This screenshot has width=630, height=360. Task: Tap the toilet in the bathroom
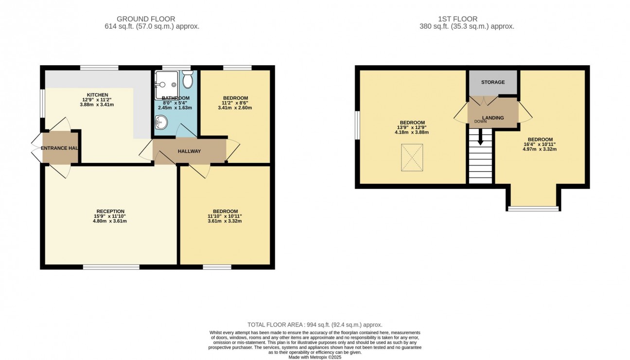click(x=188, y=80)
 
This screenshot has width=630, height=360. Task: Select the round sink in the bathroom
click(x=161, y=124)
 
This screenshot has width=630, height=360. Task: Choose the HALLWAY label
click(x=189, y=151)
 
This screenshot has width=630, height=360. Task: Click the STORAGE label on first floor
click(x=493, y=82)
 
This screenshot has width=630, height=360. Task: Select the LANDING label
click(x=493, y=118)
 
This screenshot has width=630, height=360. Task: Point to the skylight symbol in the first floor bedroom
click(x=412, y=158)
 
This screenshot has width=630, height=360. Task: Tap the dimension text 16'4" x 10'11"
click(x=540, y=144)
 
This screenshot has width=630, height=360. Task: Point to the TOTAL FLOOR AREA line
click(x=315, y=324)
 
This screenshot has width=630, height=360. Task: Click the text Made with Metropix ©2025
click(x=315, y=357)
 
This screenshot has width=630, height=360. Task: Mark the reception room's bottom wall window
click(x=111, y=267)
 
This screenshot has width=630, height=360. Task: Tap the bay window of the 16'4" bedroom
click(x=533, y=209)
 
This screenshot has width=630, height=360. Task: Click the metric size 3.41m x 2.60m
click(x=235, y=108)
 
